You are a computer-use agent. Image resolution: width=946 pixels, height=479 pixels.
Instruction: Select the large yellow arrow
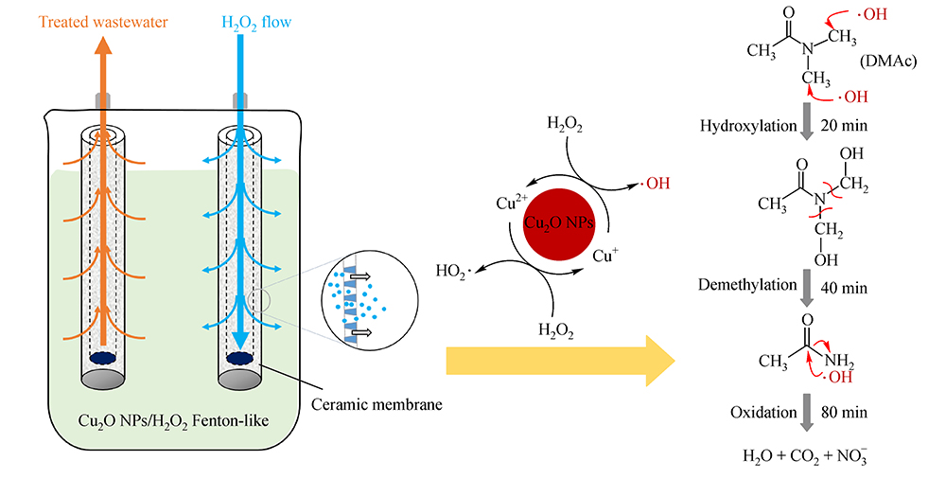click(x=558, y=360)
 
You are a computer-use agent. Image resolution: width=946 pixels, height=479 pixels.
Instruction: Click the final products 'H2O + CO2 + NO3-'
click(x=801, y=456)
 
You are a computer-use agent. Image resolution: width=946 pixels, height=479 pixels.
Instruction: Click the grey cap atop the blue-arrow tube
click(x=240, y=98)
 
